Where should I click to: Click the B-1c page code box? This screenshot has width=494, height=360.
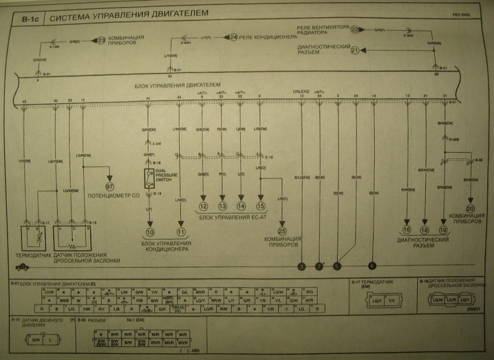point(30,19)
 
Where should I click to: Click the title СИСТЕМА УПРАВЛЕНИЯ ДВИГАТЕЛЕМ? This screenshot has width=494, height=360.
point(128,13)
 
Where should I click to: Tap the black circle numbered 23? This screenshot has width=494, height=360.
point(102,41)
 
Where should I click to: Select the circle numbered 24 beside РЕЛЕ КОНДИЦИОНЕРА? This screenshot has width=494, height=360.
point(233,37)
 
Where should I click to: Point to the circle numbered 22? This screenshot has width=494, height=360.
point(354,29)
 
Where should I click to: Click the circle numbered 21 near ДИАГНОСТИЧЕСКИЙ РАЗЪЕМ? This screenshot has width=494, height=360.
point(354,51)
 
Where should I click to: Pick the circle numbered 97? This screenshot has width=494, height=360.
point(110,186)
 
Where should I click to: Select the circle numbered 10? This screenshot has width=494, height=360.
point(149,232)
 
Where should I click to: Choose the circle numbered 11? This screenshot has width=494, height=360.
point(180,232)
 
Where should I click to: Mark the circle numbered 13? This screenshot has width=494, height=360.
point(222,206)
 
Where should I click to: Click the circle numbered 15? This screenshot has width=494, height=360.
point(261,206)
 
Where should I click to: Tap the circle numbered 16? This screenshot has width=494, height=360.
point(407,229)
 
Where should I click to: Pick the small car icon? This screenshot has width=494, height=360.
point(22,267)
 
